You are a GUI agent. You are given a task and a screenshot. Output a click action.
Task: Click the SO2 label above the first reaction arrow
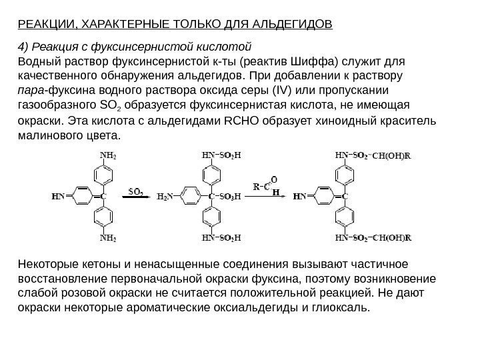tap(137, 189)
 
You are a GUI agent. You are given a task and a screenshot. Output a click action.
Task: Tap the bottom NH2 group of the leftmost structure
tap(108, 237)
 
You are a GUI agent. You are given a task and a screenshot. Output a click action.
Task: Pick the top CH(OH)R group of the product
tap(392, 156)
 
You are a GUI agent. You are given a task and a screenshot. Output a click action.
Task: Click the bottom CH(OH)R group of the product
tap(393, 237)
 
